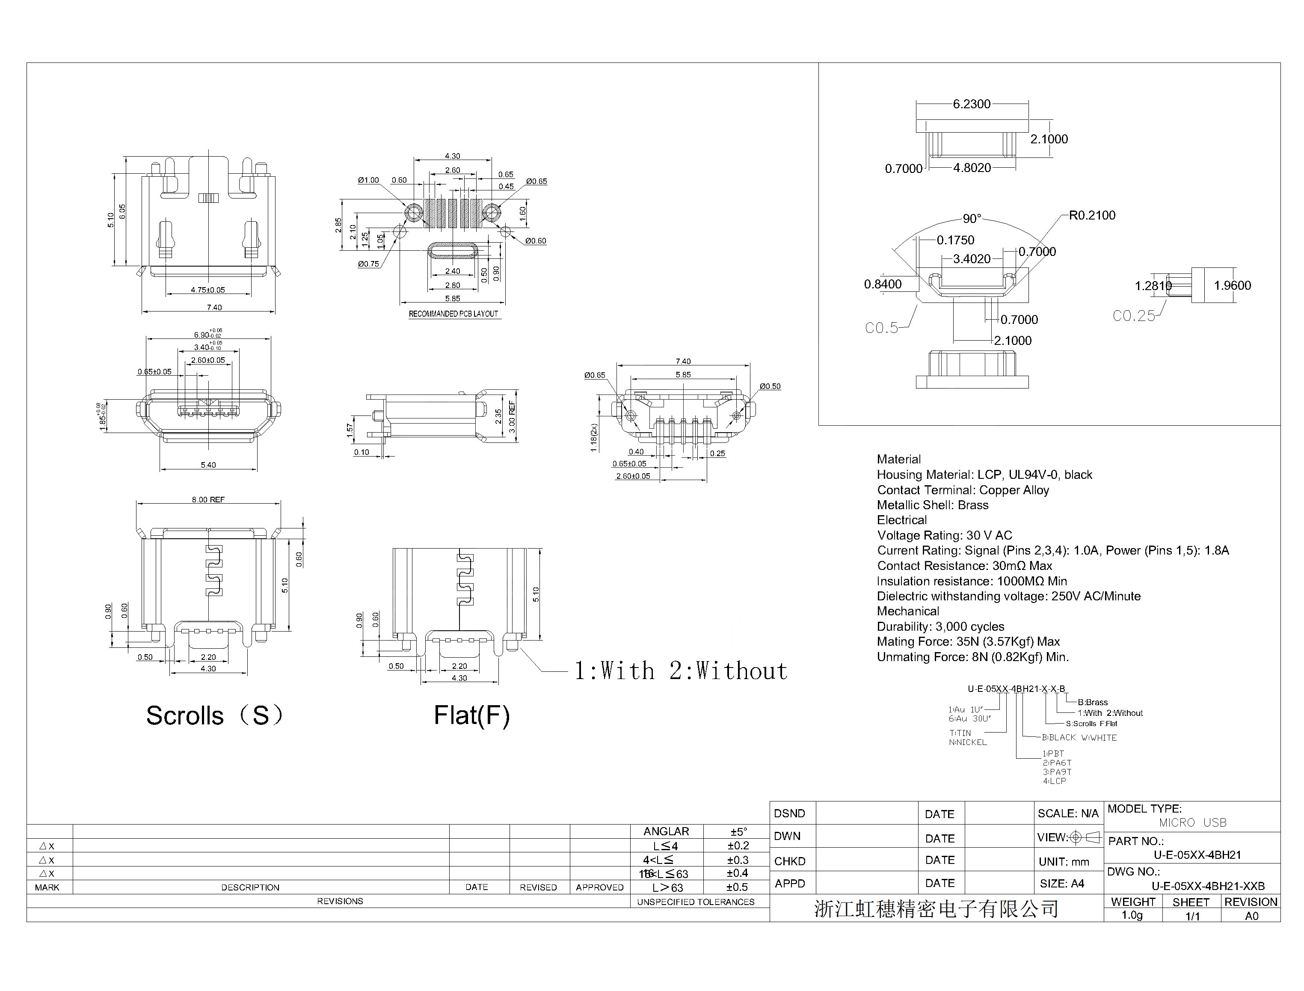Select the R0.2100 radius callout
point(1092,215)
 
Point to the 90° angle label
point(971,219)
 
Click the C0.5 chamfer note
point(881,328)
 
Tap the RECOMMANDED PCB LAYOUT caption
point(453,314)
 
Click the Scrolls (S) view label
point(215,715)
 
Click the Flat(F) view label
point(471,715)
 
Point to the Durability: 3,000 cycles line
point(940,626)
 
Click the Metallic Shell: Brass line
point(933,505)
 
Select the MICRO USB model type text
point(1192,822)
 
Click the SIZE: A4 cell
point(1061,884)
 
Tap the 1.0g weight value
point(1132,915)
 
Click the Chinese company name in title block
point(936,909)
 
